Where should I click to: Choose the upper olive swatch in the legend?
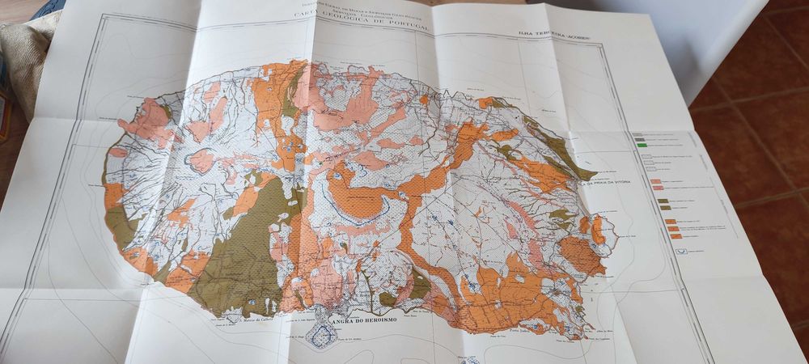pos(663,200)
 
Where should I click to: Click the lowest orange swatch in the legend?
pos(675,235)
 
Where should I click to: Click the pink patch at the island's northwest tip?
pos(146,121)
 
